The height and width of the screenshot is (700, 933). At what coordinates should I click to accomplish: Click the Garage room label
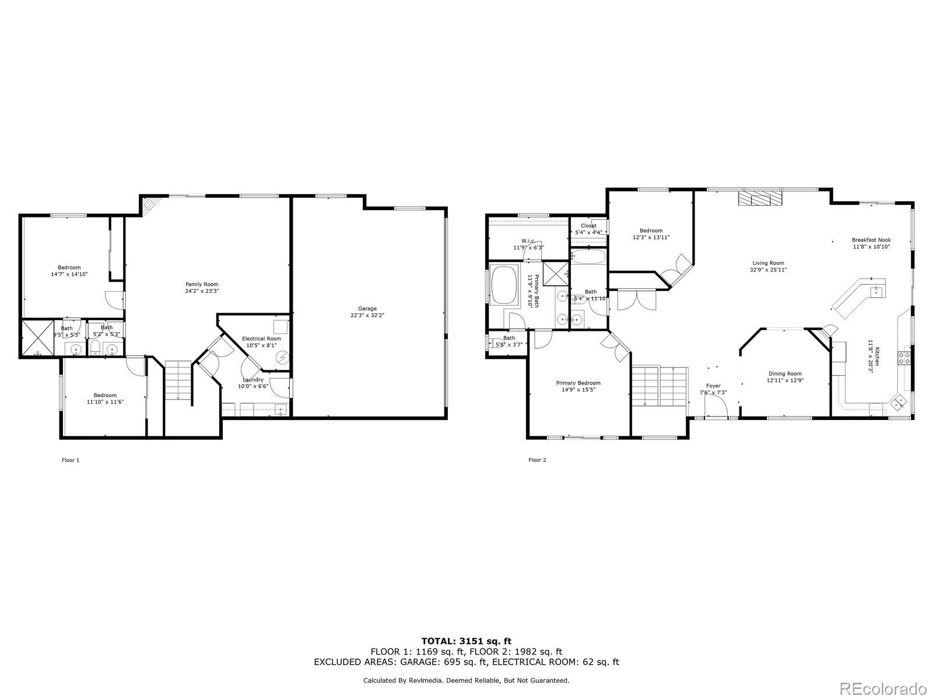click(x=367, y=309)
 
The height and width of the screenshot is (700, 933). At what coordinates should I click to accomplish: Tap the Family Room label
click(x=202, y=284)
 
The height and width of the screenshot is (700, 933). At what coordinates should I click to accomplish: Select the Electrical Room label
click(x=261, y=338)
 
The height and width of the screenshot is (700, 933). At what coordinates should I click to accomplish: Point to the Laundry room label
click(x=253, y=380)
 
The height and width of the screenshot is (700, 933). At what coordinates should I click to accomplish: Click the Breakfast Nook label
click(x=871, y=240)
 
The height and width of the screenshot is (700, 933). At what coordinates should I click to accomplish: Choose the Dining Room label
click(x=784, y=373)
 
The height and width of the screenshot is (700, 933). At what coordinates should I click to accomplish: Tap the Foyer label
click(x=713, y=386)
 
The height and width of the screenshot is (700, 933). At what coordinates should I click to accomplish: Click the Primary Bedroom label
click(x=578, y=383)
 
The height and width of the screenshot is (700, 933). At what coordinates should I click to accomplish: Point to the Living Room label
click(x=768, y=263)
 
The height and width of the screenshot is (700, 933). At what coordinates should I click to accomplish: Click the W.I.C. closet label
click(x=528, y=240)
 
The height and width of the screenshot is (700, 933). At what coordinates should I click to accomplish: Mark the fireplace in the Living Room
click(x=759, y=198)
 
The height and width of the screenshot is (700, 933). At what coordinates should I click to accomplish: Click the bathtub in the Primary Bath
click(x=505, y=285)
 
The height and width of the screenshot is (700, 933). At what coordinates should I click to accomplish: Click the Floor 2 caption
click(x=537, y=460)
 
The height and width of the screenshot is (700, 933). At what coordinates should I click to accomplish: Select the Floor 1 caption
click(x=71, y=460)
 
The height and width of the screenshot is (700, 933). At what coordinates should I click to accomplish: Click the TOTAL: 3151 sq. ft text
click(x=466, y=641)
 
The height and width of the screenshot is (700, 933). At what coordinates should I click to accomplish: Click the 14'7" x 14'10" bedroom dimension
click(x=69, y=274)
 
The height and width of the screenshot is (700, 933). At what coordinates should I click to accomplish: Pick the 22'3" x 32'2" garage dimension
click(x=367, y=315)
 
